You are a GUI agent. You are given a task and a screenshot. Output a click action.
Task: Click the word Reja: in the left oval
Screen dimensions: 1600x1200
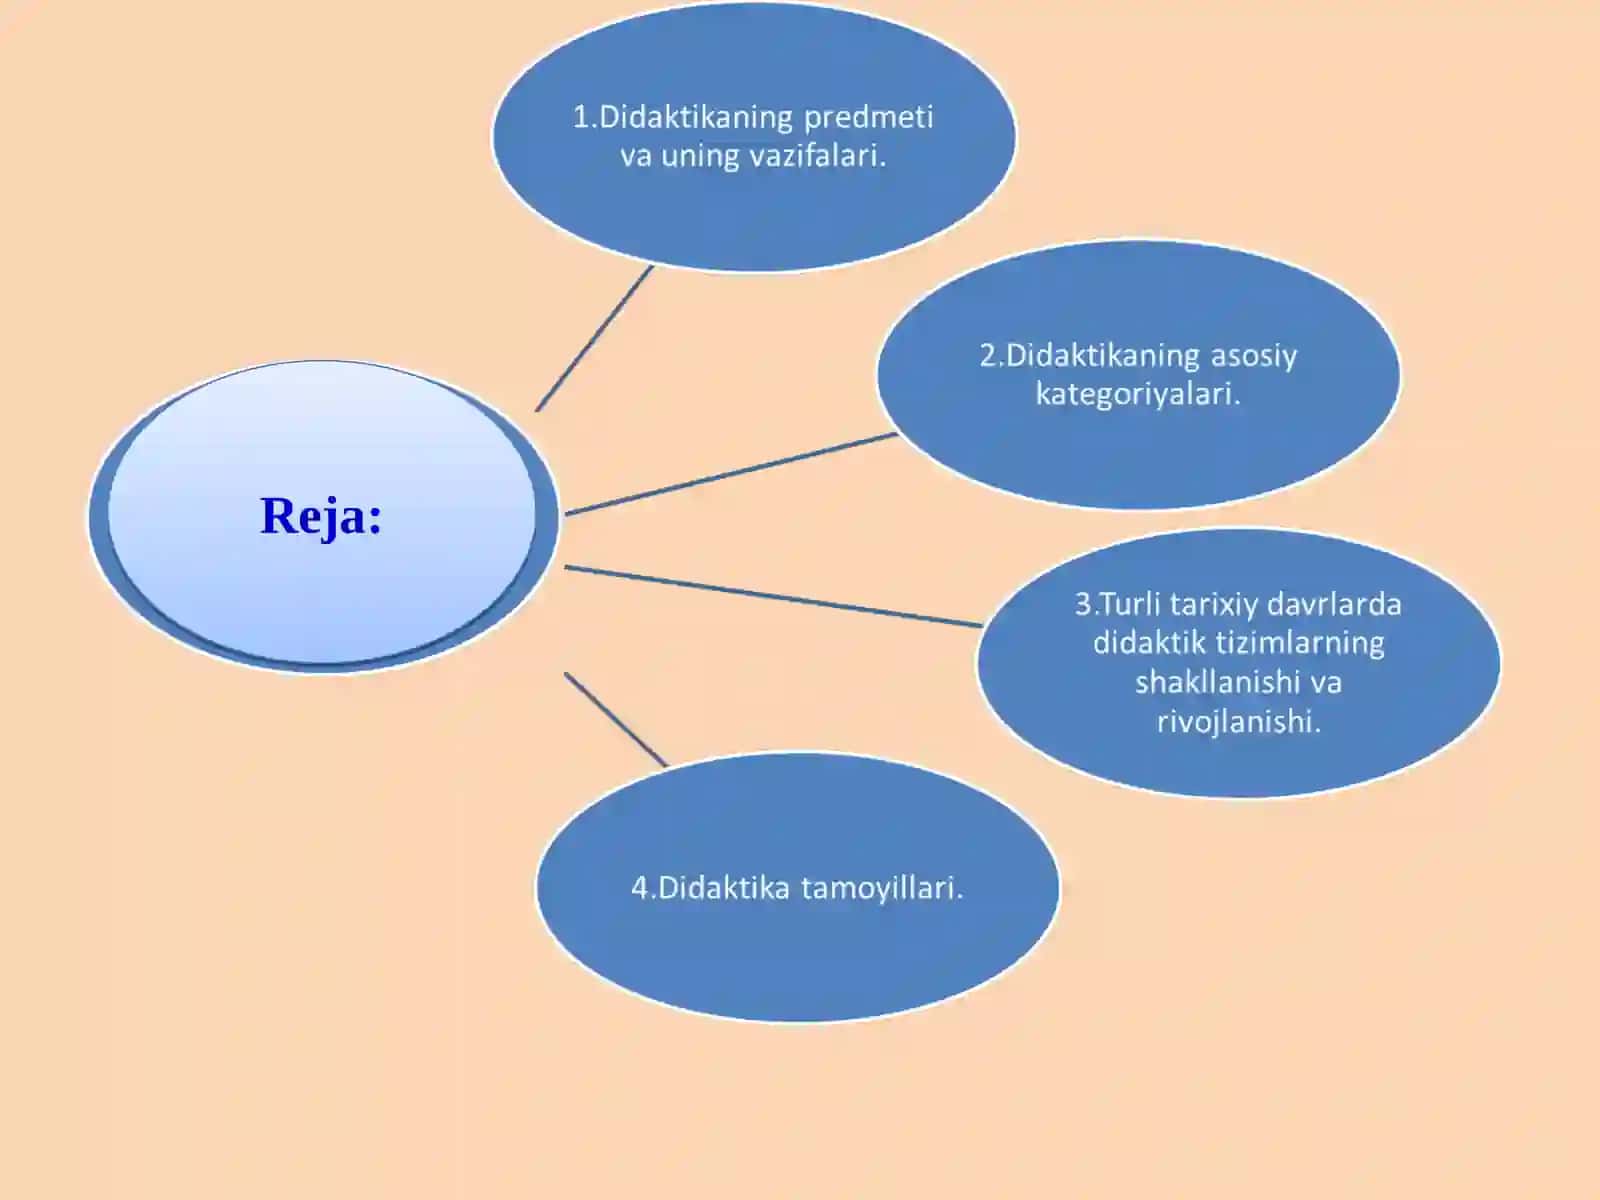(321, 516)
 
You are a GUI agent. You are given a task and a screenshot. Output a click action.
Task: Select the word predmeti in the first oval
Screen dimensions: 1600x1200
(868, 118)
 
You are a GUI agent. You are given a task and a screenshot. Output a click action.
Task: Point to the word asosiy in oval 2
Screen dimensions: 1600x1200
(1254, 357)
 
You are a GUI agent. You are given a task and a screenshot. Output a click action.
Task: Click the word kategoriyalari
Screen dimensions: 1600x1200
(1138, 395)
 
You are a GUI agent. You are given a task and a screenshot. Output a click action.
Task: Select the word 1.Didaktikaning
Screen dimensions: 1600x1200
(683, 117)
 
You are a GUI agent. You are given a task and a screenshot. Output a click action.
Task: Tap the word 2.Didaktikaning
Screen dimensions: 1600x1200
(1090, 356)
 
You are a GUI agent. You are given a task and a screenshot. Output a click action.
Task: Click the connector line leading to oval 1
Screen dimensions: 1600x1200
(594, 339)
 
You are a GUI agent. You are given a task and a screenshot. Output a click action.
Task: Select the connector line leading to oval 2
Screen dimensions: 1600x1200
(731, 474)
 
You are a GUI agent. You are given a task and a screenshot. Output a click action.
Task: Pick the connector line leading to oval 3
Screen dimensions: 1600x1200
(773, 596)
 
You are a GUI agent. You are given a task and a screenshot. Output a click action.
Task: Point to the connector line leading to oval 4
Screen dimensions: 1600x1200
(616, 720)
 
